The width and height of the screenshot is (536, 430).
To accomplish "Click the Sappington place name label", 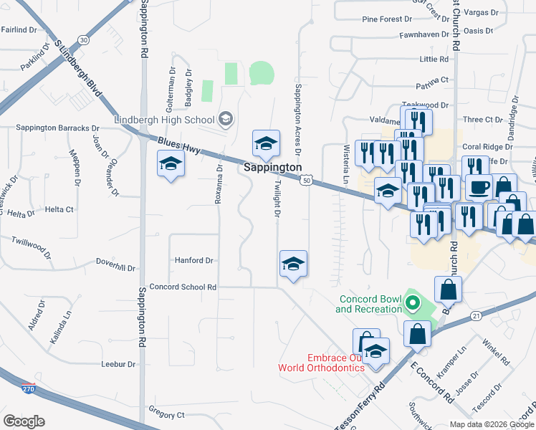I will tap(272, 167).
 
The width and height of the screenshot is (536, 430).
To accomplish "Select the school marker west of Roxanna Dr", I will tap(171, 165).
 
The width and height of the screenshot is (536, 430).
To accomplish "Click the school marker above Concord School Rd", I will tap(293, 264).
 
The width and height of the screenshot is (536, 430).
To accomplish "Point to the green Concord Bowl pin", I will tap(412, 303).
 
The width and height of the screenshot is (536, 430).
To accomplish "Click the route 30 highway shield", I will tap(84, 39).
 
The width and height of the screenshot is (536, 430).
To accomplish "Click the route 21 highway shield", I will tap(475, 315).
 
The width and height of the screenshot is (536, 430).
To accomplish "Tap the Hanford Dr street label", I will tap(194, 261).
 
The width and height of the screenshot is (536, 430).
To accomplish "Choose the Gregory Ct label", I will tap(166, 414).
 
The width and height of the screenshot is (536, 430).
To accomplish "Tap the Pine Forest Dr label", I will tap(387, 19).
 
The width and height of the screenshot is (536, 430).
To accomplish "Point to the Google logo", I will tap(24, 421).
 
